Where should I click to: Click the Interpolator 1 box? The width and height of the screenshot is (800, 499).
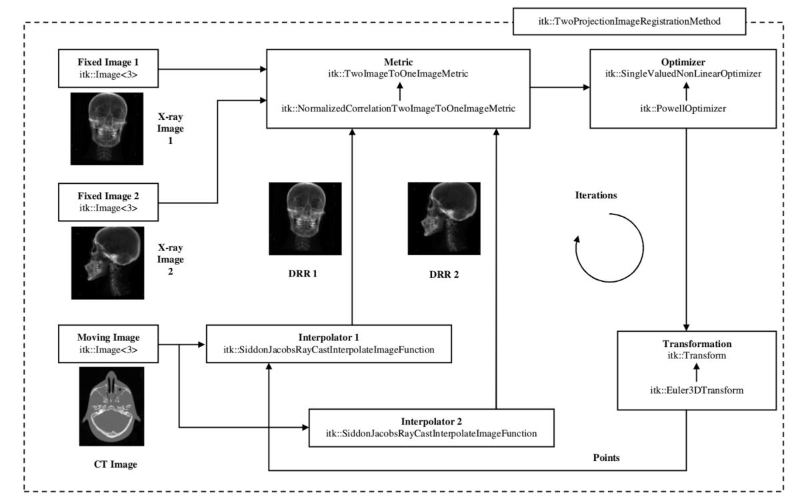point(329,344)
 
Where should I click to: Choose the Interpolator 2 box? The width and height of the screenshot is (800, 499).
point(431,427)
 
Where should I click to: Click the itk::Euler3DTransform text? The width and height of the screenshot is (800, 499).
point(687,389)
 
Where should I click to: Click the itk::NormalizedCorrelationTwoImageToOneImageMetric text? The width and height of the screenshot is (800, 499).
point(398,109)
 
